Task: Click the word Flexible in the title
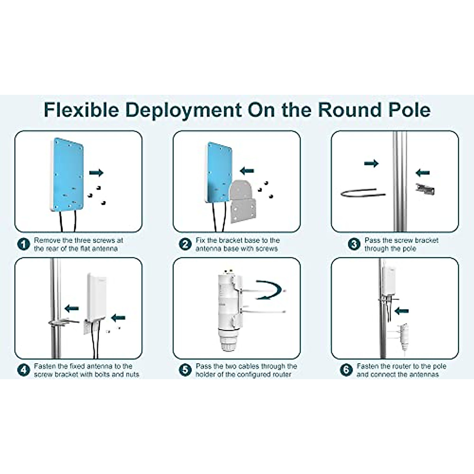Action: point(81,110)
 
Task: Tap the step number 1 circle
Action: point(24,245)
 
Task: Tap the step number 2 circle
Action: point(185,245)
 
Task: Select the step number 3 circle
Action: point(354,245)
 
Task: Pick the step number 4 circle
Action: point(24,370)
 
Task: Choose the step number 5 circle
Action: point(185,370)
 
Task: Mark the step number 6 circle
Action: point(346,370)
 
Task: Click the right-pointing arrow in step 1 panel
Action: point(96,172)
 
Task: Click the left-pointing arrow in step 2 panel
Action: point(247,171)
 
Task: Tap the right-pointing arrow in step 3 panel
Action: point(371,163)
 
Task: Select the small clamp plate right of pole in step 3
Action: point(425,188)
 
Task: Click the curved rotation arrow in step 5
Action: point(269,290)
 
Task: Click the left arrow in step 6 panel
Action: point(401,311)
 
